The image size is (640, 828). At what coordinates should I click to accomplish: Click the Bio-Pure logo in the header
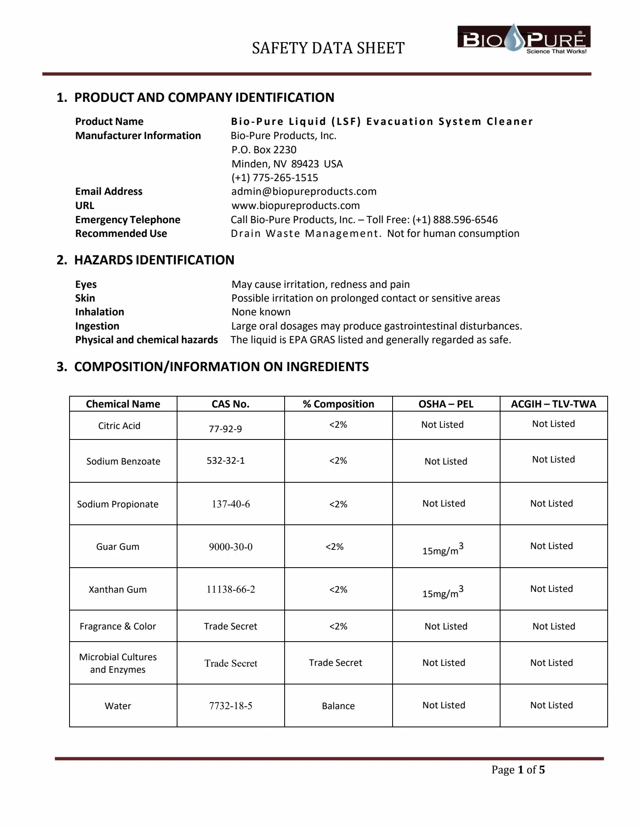tap(524, 39)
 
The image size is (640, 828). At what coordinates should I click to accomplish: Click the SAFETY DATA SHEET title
tap(328, 48)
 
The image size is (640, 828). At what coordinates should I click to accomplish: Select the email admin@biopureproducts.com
tap(304, 191)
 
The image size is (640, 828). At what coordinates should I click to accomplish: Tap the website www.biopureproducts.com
tap(296, 205)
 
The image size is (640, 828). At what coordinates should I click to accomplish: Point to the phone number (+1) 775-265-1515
tap(275, 177)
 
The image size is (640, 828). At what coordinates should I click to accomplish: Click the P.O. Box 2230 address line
tap(264, 150)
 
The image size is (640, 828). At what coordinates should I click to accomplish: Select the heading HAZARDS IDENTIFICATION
tap(154, 260)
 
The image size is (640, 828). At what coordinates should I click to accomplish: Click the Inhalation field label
tap(99, 312)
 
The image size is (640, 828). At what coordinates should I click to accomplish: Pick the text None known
tap(261, 312)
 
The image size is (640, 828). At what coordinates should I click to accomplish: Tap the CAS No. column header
tap(230, 404)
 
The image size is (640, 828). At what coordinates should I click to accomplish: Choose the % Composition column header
tap(338, 404)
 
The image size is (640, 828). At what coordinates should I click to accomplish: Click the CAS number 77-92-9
tap(225, 429)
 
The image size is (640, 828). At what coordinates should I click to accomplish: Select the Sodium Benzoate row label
tap(123, 461)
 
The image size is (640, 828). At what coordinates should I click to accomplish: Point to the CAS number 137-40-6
tap(230, 504)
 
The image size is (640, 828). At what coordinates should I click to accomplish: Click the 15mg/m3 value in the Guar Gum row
tap(443, 549)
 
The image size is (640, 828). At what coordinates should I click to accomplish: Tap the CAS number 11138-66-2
tap(230, 589)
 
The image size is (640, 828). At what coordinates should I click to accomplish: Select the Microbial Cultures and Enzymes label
tap(118, 663)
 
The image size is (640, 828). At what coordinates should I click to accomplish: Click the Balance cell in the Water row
tap(338, 706)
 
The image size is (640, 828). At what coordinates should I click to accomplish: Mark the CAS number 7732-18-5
tap(230, 706)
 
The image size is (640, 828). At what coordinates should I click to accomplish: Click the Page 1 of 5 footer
tap(518, 770)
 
